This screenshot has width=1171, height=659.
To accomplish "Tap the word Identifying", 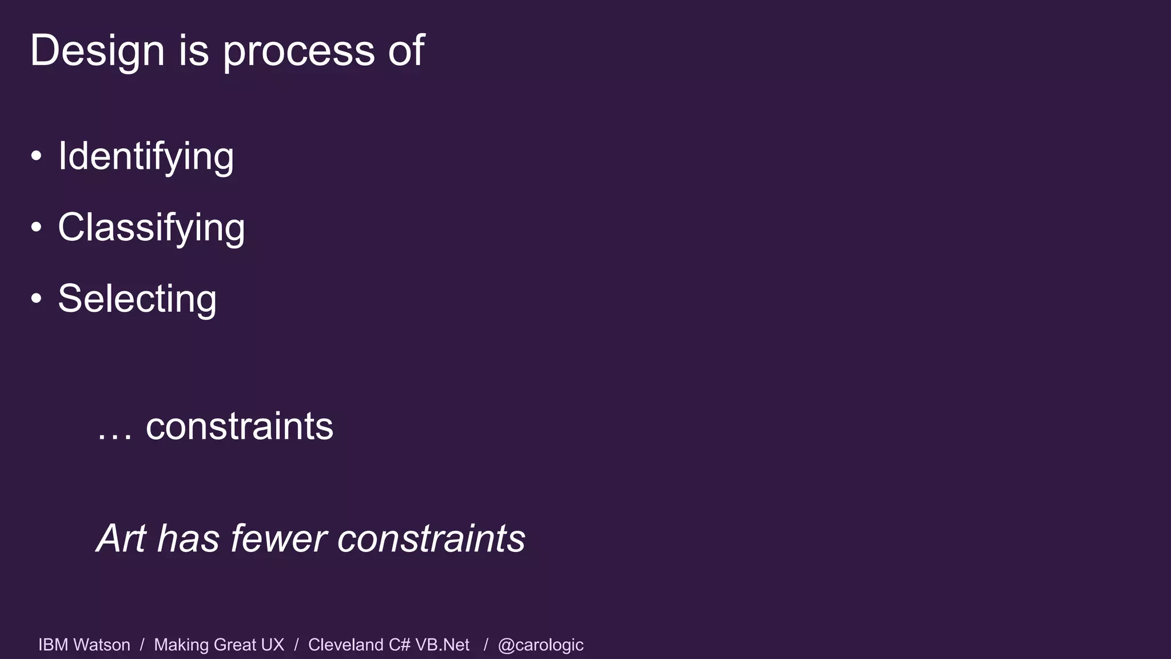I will pos(146,157).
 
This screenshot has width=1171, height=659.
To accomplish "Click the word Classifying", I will pos(151,228).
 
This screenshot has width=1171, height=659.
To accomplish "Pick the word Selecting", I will pos(137,299).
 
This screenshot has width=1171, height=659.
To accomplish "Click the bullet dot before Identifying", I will pos(37,156).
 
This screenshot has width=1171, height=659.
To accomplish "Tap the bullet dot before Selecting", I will pos(37,299).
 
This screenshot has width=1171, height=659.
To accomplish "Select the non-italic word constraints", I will pos(239,426).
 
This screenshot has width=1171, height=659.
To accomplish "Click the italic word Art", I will pos(121,538).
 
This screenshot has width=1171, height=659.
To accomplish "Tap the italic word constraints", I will pos(431,538).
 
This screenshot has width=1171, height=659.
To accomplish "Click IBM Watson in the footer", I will pos(84,645).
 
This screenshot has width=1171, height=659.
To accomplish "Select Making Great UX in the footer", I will pos(219,645).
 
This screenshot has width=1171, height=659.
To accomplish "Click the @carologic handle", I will pos(540,645).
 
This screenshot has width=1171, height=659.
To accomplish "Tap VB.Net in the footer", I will pos(442,645).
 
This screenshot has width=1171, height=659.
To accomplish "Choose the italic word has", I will pos(188,538).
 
